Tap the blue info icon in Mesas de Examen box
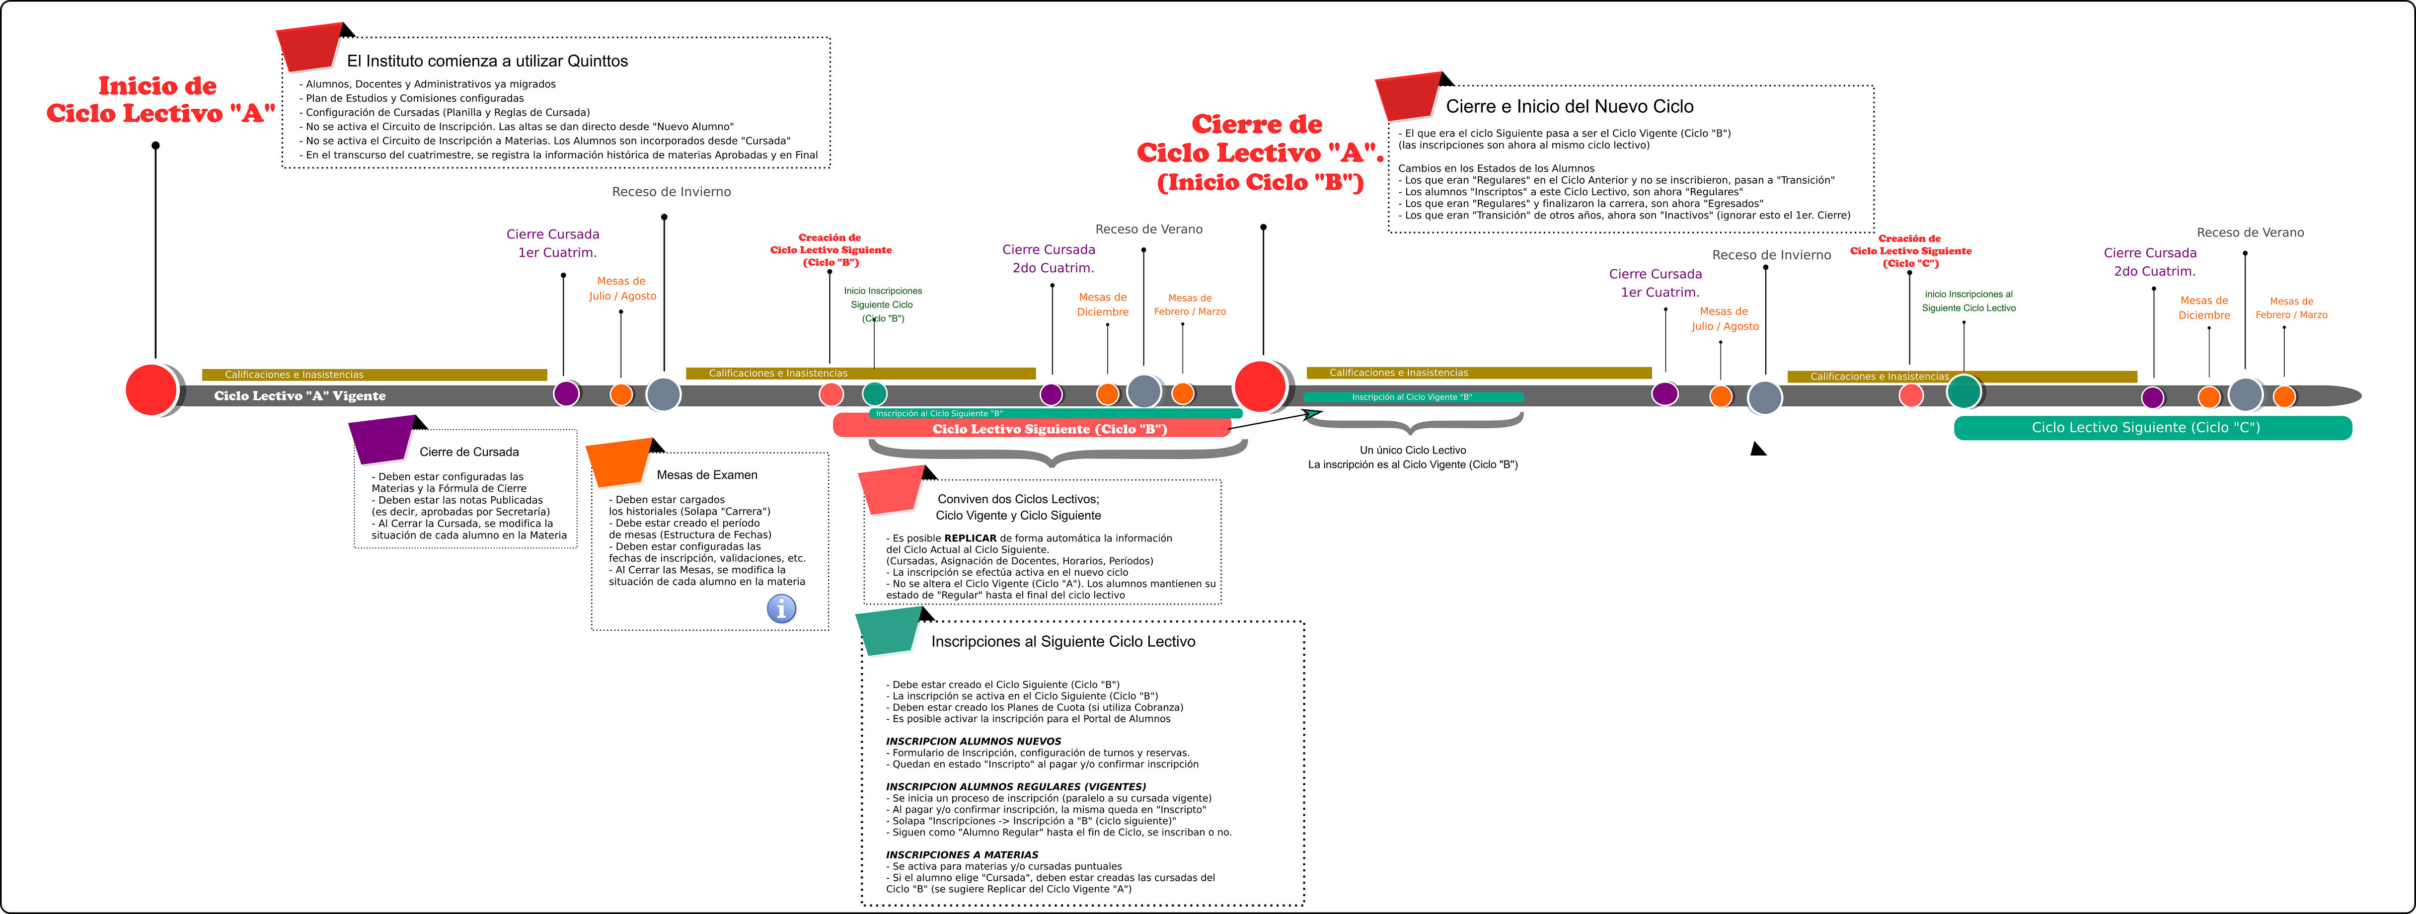781,609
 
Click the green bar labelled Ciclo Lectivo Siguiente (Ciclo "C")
2152,428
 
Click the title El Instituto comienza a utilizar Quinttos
487,61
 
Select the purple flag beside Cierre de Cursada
382,441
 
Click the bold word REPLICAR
970,538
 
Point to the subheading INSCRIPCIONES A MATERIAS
961,855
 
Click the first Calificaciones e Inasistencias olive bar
374,375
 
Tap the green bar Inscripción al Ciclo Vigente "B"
1413,397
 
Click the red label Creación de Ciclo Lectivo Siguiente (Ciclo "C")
1910,250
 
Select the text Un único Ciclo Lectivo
1413,451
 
